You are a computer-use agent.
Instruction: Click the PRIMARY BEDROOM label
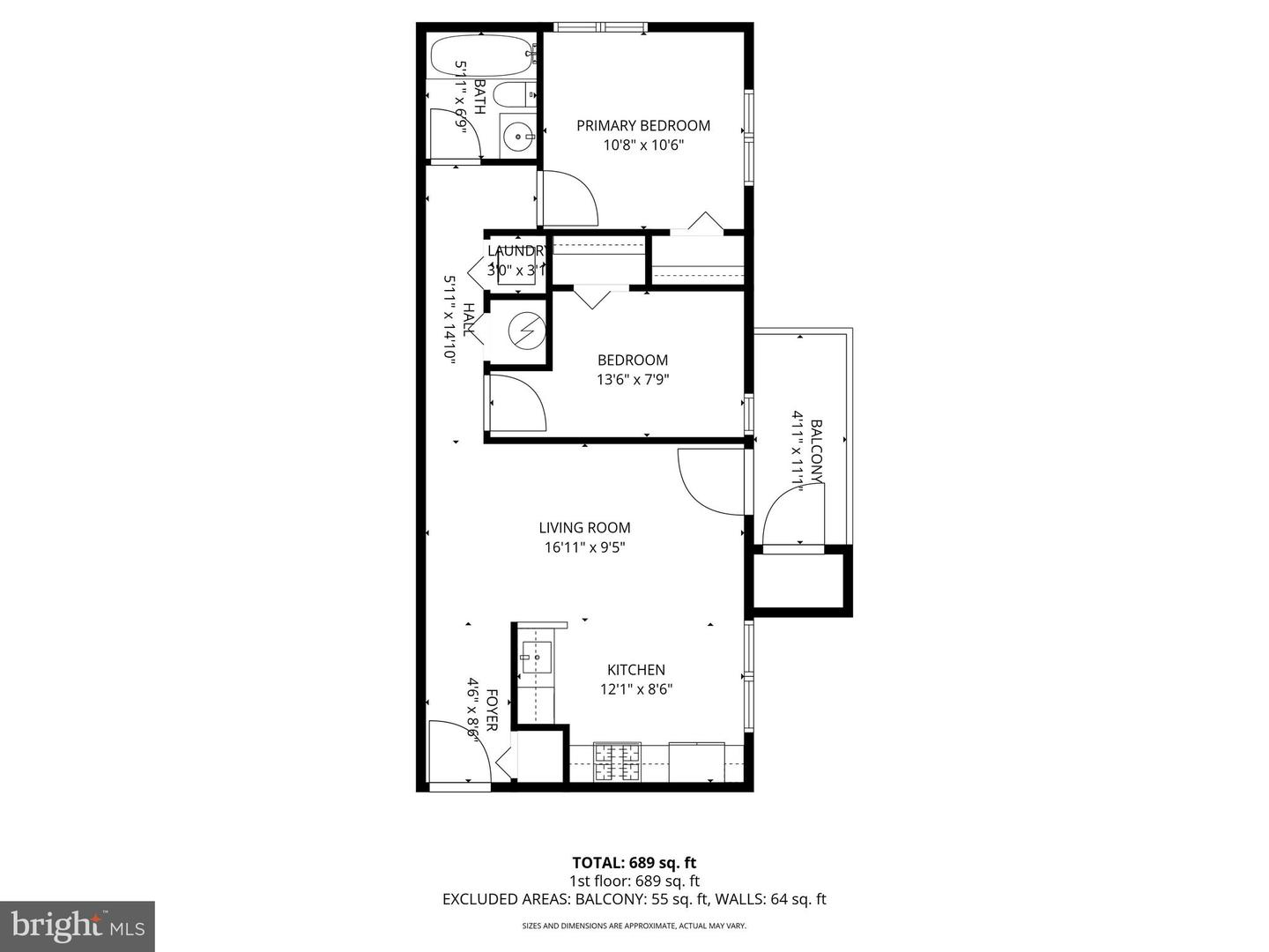(642, 126)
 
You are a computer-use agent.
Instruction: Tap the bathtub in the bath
(481, 56)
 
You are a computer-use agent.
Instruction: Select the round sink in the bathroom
(517, 137)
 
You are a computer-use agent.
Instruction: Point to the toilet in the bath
(510, 94)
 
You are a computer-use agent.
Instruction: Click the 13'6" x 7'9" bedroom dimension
(632, 380)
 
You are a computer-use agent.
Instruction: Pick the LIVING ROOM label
(584, 528)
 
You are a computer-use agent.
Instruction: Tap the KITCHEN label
(635, 670)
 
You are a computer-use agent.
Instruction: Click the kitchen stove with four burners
(617, 762)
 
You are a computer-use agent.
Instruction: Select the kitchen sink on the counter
(535, 657)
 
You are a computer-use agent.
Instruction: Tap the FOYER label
(492, 710)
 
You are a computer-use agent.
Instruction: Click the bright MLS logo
(78, 926)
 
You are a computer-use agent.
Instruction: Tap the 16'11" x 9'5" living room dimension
(584, 547)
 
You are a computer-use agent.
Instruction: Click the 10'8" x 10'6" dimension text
(643, 145)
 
